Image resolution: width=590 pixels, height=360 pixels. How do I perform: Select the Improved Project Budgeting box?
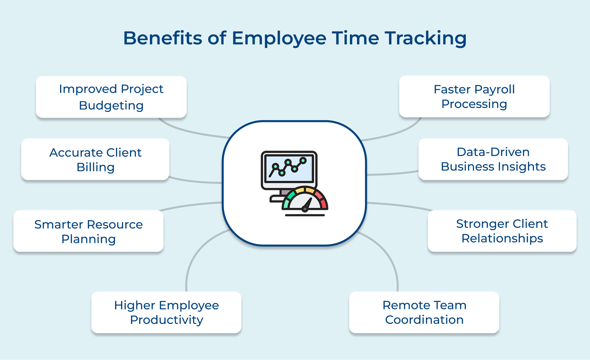111,97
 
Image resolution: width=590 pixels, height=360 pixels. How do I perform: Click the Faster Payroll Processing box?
474,96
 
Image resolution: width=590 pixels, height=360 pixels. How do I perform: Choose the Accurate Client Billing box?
95,159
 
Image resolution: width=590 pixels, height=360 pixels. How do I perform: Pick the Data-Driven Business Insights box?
493,159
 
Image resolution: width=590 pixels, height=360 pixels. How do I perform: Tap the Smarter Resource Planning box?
88,231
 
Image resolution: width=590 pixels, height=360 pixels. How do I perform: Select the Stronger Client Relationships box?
502,231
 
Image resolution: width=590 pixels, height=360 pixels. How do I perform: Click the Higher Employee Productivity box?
166,312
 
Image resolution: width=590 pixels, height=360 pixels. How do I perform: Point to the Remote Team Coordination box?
424,312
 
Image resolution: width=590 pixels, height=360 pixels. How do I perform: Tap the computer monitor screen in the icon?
289,168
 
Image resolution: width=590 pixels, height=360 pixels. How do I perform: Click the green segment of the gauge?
287,199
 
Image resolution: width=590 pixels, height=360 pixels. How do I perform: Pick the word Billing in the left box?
95,167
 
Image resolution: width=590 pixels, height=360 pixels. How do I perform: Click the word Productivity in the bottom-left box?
166,320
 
